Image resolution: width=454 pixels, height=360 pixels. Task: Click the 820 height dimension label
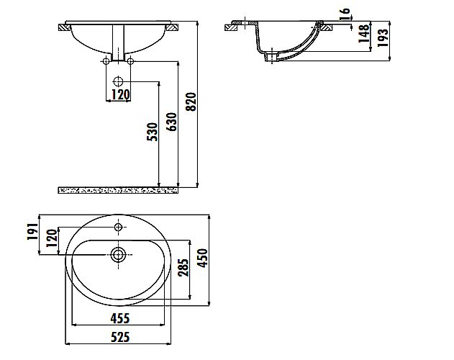point(191,102)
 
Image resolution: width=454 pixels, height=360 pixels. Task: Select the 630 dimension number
point(171,122)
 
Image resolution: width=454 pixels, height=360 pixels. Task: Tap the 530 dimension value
point(153,132)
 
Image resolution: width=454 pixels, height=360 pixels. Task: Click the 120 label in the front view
point(120,94)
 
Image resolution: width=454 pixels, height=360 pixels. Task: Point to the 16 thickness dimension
point(345,14)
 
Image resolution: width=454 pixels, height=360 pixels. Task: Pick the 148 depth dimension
point(364,34)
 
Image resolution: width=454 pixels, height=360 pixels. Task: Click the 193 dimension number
point(382,37)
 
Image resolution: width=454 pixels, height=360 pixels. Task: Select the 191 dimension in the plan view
point(32,231)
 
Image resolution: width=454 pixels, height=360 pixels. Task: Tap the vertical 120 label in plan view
point(52,238)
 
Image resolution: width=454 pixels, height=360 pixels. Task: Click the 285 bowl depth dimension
point(183,267)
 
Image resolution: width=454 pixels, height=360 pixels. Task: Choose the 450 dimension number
point(203,258)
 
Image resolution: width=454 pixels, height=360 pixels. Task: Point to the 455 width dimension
point(120,318)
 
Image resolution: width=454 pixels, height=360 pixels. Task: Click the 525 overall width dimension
point(120,337)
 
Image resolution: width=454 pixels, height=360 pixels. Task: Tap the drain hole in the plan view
point(118,255)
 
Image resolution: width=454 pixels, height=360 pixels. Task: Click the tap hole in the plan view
point(118,227)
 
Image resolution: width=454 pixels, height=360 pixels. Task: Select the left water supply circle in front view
point(106,61)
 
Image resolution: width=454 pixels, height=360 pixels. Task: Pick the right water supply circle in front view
point(130,61)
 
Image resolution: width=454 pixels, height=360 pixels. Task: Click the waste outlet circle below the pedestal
point(118,81)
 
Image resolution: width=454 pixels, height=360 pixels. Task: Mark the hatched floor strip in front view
point(118,190)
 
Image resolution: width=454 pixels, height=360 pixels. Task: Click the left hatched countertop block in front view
point(64,27)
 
